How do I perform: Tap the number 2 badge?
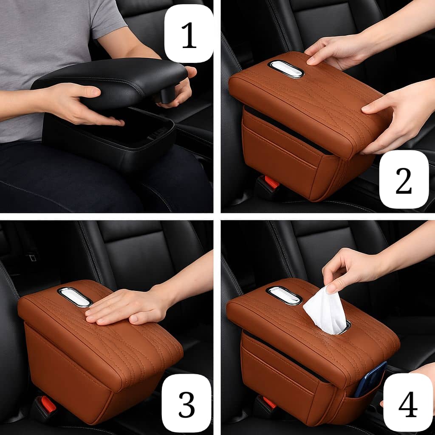tap(404, 179)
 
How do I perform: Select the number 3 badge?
tap(186, 403)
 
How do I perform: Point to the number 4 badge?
tap(408, 403)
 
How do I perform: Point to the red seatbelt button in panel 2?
tap(271, 182)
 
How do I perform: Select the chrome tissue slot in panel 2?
tap(286, 69)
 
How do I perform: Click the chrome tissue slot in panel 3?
tap(74, 297)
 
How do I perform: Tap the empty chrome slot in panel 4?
tap(284, 295)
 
